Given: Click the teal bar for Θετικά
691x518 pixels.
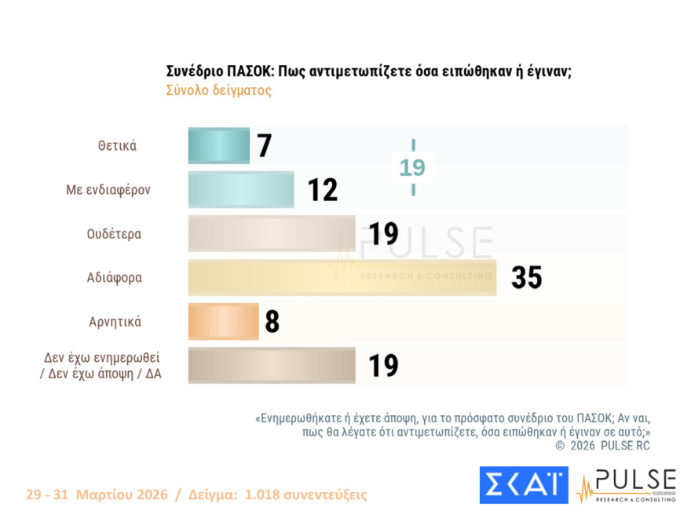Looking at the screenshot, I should point(218,146).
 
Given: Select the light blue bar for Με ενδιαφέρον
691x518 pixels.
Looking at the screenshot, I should point(240,190).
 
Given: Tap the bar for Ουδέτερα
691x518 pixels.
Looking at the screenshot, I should point(271,234).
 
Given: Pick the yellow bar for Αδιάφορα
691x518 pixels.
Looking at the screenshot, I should point(342,278).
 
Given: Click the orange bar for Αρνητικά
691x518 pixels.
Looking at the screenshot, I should point(223,322).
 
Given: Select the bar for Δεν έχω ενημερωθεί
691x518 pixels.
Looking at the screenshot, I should point(271,366).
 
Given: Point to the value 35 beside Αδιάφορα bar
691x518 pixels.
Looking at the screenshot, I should point(526,278).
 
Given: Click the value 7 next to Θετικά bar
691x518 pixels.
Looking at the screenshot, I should point(265,146).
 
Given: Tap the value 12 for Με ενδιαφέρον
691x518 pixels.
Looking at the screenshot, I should point(322,190).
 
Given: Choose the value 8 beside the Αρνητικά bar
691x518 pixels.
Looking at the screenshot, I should point(272,322).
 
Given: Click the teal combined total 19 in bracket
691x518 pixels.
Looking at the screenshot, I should point(412,168).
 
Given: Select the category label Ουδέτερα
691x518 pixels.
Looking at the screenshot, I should point(114,234).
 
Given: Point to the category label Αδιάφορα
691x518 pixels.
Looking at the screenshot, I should point(114,278).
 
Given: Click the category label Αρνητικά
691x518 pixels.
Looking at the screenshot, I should point(115,322).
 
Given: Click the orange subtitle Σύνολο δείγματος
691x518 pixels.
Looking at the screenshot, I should point(218,90).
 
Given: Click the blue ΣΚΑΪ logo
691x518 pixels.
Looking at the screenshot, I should point(523,485).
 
